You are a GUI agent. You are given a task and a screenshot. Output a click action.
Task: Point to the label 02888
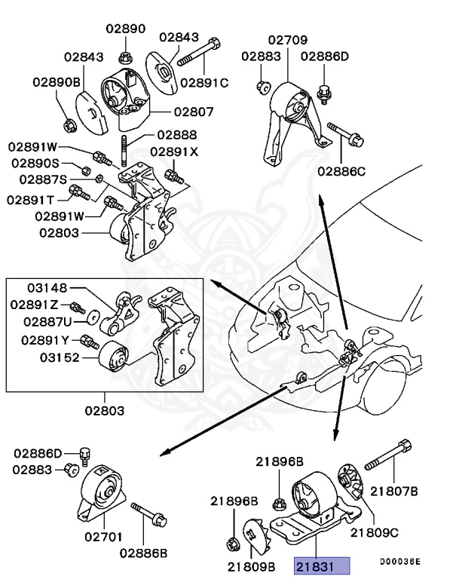pos(176,136)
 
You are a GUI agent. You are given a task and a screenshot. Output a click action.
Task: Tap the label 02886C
pos(341,172)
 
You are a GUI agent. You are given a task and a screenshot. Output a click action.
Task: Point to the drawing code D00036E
pos(399,562)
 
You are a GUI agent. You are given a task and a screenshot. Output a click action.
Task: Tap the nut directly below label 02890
pos(126,56)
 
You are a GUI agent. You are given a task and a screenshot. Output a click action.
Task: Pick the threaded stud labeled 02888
pos(121,146)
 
